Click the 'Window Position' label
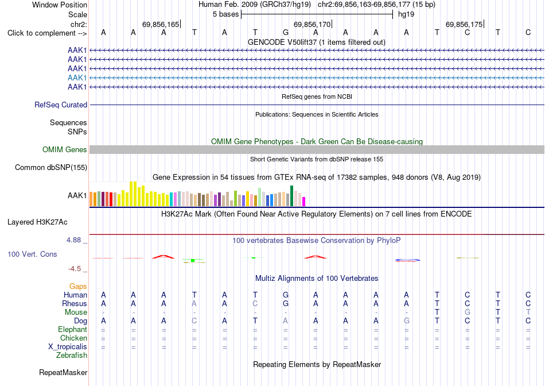tap(60, 5)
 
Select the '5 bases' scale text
tap(225, 14)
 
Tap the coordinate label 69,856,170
tap(312, 24)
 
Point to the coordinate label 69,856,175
tap(464, 24)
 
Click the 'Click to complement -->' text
tap(47, 33)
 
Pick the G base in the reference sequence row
tap(285, 32)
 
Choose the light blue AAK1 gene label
tap(77, 78)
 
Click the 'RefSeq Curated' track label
tap(61, 105)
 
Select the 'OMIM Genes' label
tap(65, 150)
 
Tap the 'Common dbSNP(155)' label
tap(51, 167)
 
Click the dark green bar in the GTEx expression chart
tap(291, 196)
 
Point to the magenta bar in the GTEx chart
tap(303, 202)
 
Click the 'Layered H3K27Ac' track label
tap(37, 222)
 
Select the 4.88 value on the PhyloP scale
tap(73, 240)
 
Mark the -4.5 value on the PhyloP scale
tap(75, 269)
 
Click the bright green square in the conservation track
tap(193, 260)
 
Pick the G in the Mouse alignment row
tap(467, 312)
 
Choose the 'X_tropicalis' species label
tap(68, 347)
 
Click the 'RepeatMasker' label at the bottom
tap(63, 372)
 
